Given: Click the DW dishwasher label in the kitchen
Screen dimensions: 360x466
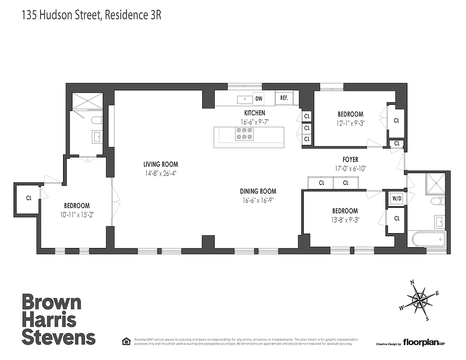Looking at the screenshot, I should click(258, 99).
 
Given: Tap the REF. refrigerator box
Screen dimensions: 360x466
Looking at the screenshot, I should click(284, 98).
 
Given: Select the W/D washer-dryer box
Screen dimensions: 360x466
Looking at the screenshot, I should click(397, 198).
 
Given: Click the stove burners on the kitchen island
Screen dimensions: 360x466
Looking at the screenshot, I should click(244, 133).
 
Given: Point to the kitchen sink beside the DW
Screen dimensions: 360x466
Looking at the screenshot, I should click(245, 99).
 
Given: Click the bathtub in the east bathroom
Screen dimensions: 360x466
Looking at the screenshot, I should click(427, 238).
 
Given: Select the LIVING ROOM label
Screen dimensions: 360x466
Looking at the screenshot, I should click(161, 164).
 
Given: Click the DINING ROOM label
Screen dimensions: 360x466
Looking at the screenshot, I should click(258, 191).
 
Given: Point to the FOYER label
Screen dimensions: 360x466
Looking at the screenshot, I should click(350, 159).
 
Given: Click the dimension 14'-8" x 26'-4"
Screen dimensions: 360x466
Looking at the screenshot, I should click(161, 173).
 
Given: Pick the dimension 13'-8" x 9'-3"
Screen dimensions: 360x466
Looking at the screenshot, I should click(345, 220).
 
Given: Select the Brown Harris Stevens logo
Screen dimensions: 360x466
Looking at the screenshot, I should click(59, 319).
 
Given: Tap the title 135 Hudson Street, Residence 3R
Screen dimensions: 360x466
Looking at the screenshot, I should click(91, 15).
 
